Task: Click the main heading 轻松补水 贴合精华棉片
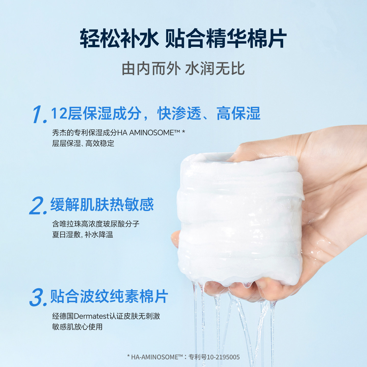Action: point(183,39)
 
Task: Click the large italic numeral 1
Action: point(39,115)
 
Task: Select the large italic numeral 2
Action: point(38,205)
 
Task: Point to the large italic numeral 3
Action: point(38,297)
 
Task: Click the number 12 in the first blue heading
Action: point(59,113)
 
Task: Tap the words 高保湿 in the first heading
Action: point(238,113)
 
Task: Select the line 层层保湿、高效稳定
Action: point(83,143)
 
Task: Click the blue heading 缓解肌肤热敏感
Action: point(102,204)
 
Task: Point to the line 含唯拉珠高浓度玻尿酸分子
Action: point(96,224)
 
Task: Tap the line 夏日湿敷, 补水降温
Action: point(83,234)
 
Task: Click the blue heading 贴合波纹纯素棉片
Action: point(109,296)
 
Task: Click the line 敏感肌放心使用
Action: point(77,327)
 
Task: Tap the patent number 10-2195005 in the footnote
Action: point(223,357)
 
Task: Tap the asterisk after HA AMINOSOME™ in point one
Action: point(183,132)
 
